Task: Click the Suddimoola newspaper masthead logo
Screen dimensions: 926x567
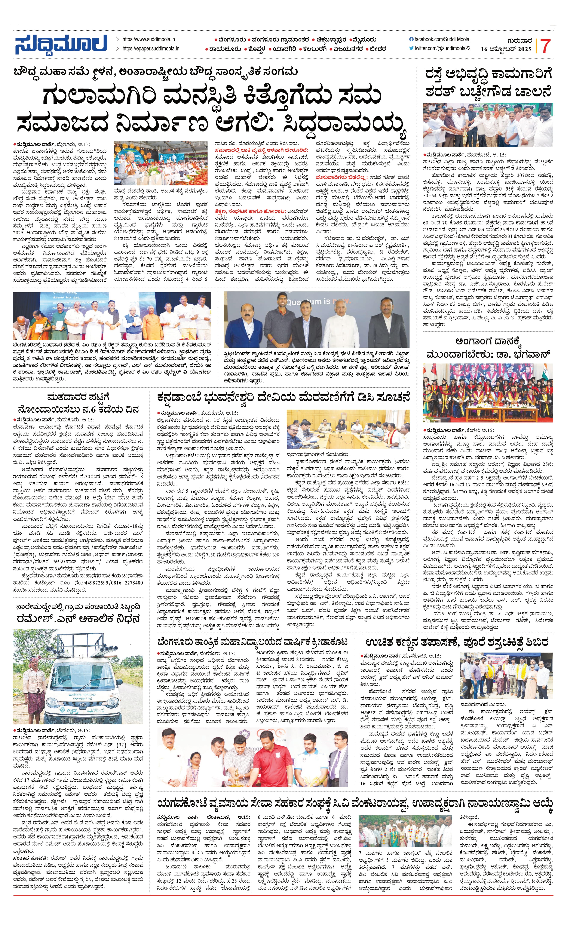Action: (x=61, y=44)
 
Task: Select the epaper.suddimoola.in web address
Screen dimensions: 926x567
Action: (x=150, y=49)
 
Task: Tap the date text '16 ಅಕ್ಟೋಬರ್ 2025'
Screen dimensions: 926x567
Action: (x=506, y=49)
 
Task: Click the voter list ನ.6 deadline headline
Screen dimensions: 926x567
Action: (x=78, y=403)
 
